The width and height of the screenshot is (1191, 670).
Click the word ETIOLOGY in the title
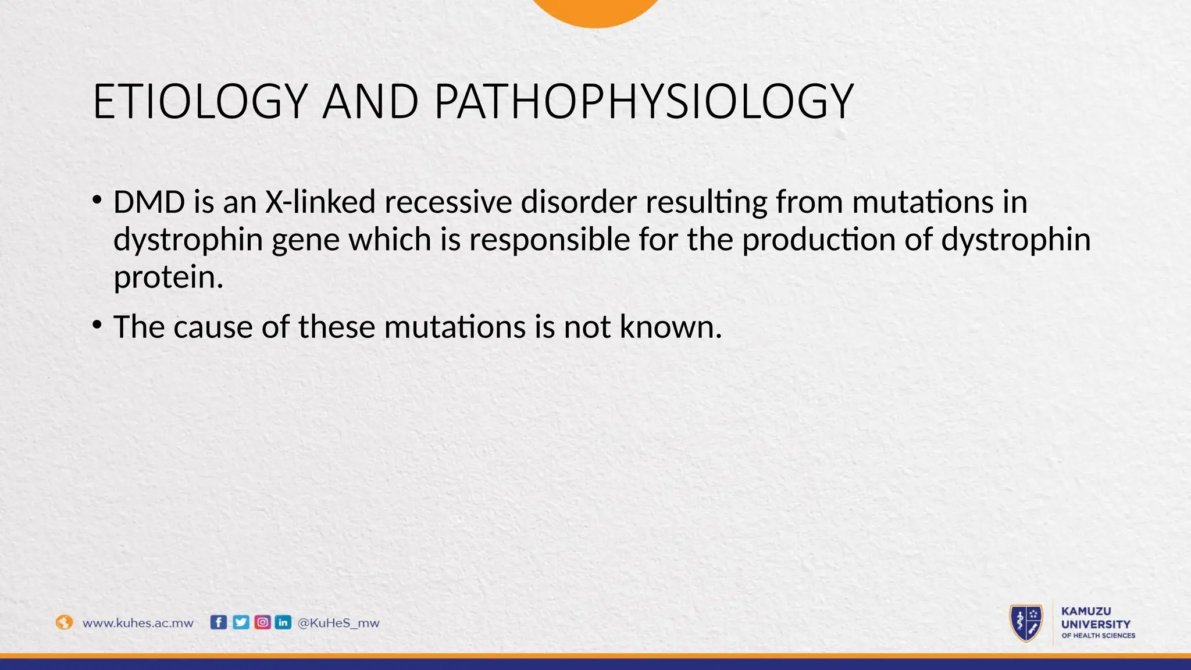pyautogui.click(x=199, y=102)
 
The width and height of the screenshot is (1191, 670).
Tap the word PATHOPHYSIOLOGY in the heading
pyautogui.click(x=643, y=102)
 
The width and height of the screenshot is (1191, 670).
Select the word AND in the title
pyautogui.click(x=370, y=102)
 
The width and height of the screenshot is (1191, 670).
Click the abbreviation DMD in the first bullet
pyautogui.click(x=149, y=202)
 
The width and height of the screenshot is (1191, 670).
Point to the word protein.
pyautogui.click(x=168, y=277)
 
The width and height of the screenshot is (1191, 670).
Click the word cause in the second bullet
pyautogui.click(x=213, y=326)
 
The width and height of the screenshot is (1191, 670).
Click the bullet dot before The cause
pyautogui.click(x=97, y=324)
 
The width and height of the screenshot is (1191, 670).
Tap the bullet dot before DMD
pyautogui.click(x=97, y=199)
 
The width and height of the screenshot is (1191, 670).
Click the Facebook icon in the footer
pyautogui.click(x=218, y=622)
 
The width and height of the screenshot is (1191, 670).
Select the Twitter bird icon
pyautogui.click(x=241, y=622)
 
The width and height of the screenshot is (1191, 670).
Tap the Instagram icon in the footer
pyautogui.click(x=262, y=622)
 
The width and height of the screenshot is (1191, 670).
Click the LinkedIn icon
pyautogui.click(x=283, y=622)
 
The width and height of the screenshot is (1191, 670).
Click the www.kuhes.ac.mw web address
pyautogui.click(x=138, y=623)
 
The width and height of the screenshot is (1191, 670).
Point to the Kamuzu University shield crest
pyautogui.click(x=1026, y=623)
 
